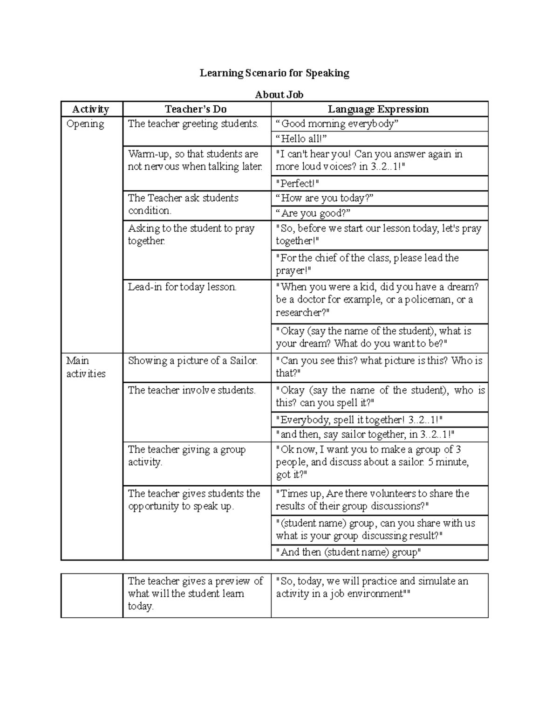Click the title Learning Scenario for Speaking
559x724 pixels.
(274, 73)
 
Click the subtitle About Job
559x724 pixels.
(279, 95)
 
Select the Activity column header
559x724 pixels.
(91, 109)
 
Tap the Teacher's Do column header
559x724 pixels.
(196, 109)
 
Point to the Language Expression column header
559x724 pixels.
(378, 109)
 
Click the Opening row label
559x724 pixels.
(85, 124)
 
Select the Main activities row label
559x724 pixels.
(86, 367)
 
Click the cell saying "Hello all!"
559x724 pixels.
(301, 139)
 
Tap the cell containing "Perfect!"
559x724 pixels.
(298, 183)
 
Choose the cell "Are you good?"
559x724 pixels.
(313, 213)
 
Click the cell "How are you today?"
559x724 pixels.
(325, 198)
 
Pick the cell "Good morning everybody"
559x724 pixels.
(337, 124)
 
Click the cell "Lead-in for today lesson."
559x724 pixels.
(182, 287)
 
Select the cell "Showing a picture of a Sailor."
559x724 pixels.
(192, 361)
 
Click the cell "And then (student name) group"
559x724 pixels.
(348, 552)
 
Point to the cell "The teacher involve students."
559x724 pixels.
(191, 390)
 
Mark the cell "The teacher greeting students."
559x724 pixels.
(193, 124)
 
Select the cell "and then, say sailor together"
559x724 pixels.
(365, 434)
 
